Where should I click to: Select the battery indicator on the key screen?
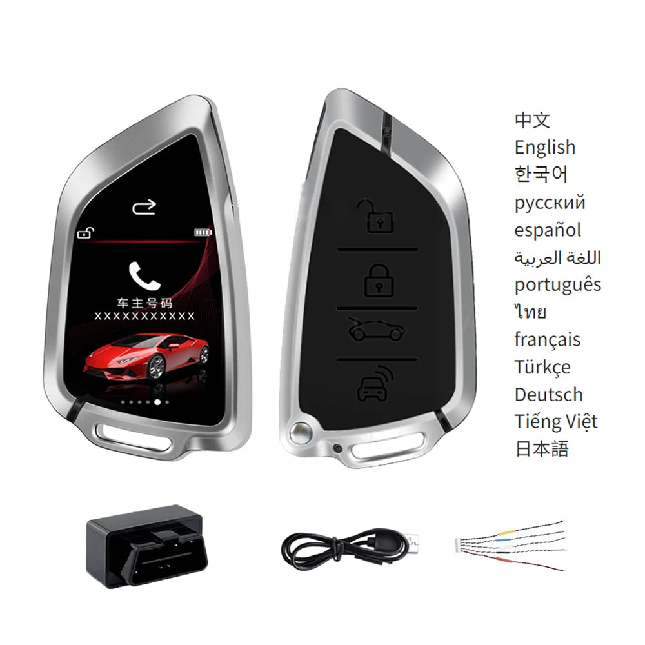pos(203,233)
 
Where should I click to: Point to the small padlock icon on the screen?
pos(84,233)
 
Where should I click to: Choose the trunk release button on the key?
pos(377,330)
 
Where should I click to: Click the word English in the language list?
pos(544,147)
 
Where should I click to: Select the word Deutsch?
pos(548,394)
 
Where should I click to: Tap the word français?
pos(548,339)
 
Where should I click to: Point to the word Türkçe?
pos(542,367)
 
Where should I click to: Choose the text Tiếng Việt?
pos(556,421)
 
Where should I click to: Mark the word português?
pos(558,284)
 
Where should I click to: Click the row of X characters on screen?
pos(144,315)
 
